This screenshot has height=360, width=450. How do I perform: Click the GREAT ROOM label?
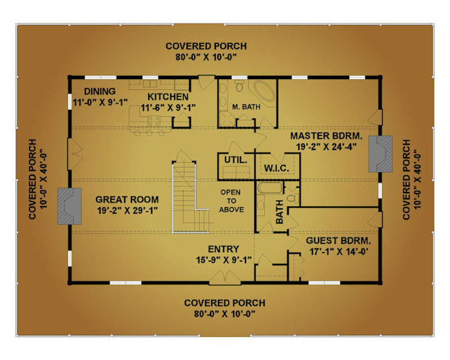click(127, 200)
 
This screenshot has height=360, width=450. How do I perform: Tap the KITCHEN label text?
click(168, 97)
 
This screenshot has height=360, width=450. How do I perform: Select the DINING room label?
click(100, 91)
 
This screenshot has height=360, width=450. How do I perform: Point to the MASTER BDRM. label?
click(326, 136)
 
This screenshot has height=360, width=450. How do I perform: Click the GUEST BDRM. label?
click(338, 241)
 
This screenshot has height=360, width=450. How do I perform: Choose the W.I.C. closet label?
click(277, 168)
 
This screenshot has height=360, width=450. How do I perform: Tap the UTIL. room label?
click(236, 160)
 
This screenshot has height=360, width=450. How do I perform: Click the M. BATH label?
click(246, 107)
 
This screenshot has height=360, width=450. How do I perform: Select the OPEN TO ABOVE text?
click(232, 201)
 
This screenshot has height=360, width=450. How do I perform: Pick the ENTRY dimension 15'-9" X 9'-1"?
click(224, 260)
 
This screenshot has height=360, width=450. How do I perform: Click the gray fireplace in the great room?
click(70, 206)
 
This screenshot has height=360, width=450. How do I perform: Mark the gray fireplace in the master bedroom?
click(380, 154)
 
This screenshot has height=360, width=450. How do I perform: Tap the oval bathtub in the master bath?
click(265, 91)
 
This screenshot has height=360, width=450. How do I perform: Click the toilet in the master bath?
click(239, 85)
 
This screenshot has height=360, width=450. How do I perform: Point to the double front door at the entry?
click(225, 278)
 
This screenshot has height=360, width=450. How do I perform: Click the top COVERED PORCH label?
click(206, 46)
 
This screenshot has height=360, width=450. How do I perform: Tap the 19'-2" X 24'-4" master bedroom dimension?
click(326, 146)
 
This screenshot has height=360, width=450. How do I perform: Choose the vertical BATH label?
click(279, 212)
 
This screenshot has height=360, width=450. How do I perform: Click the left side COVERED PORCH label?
click(33, 179)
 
